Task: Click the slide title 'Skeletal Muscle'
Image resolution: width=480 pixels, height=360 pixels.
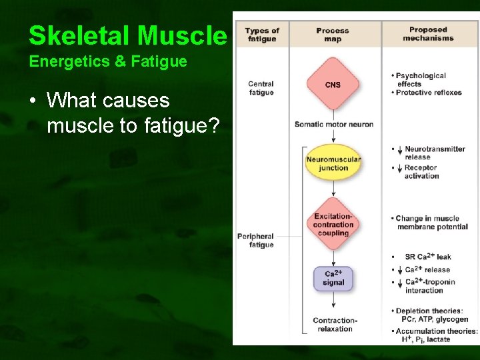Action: coord(128,36)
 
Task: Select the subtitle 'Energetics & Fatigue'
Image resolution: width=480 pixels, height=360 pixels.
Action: coord(107,63)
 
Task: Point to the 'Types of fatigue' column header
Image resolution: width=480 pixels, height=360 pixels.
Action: coord(262,34)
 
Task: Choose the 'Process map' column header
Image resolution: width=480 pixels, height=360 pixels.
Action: coord(333,34)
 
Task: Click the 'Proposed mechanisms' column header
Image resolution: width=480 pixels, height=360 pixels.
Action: coord(428,33)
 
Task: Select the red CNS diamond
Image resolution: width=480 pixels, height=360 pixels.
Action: coord(333,85)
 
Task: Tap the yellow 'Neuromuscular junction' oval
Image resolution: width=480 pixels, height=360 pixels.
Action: coord(333,164)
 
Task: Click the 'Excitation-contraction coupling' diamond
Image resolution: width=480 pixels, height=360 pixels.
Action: coord(333,225)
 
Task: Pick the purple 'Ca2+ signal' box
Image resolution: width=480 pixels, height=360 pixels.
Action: coord(333,278)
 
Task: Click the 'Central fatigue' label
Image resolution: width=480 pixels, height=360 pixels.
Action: coord(261,88)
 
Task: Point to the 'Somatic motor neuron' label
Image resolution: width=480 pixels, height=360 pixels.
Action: coord(333,124)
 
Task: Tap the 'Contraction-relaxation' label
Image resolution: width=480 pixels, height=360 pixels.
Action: coord(335,325)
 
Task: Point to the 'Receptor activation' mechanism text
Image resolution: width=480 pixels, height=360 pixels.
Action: coord(421,172)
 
